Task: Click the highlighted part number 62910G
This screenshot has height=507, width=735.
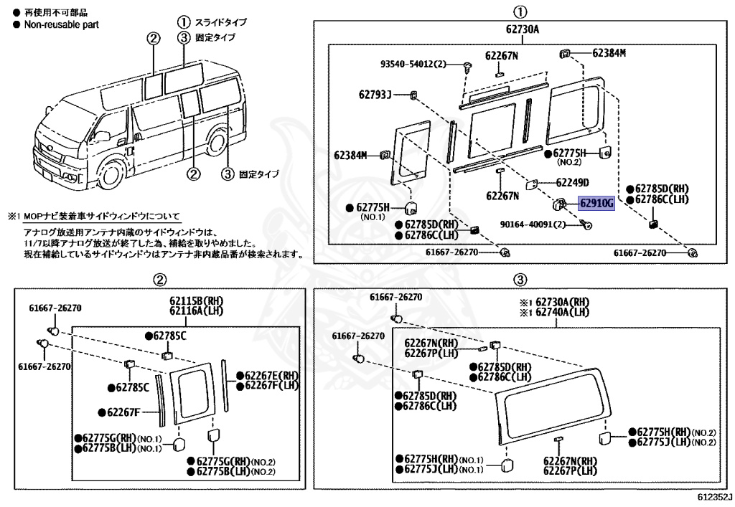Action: tap(597, 204)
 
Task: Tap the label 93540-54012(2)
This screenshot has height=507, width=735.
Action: tap(413, 65)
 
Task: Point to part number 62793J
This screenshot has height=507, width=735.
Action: tap(375, 94)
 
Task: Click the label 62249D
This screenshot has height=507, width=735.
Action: tap(572, 182)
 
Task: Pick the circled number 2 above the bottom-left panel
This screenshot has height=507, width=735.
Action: tap(161, 279)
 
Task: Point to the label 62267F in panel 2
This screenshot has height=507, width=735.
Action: tap(122, 412)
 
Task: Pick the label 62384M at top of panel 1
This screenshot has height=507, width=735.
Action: tap(609, 53)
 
